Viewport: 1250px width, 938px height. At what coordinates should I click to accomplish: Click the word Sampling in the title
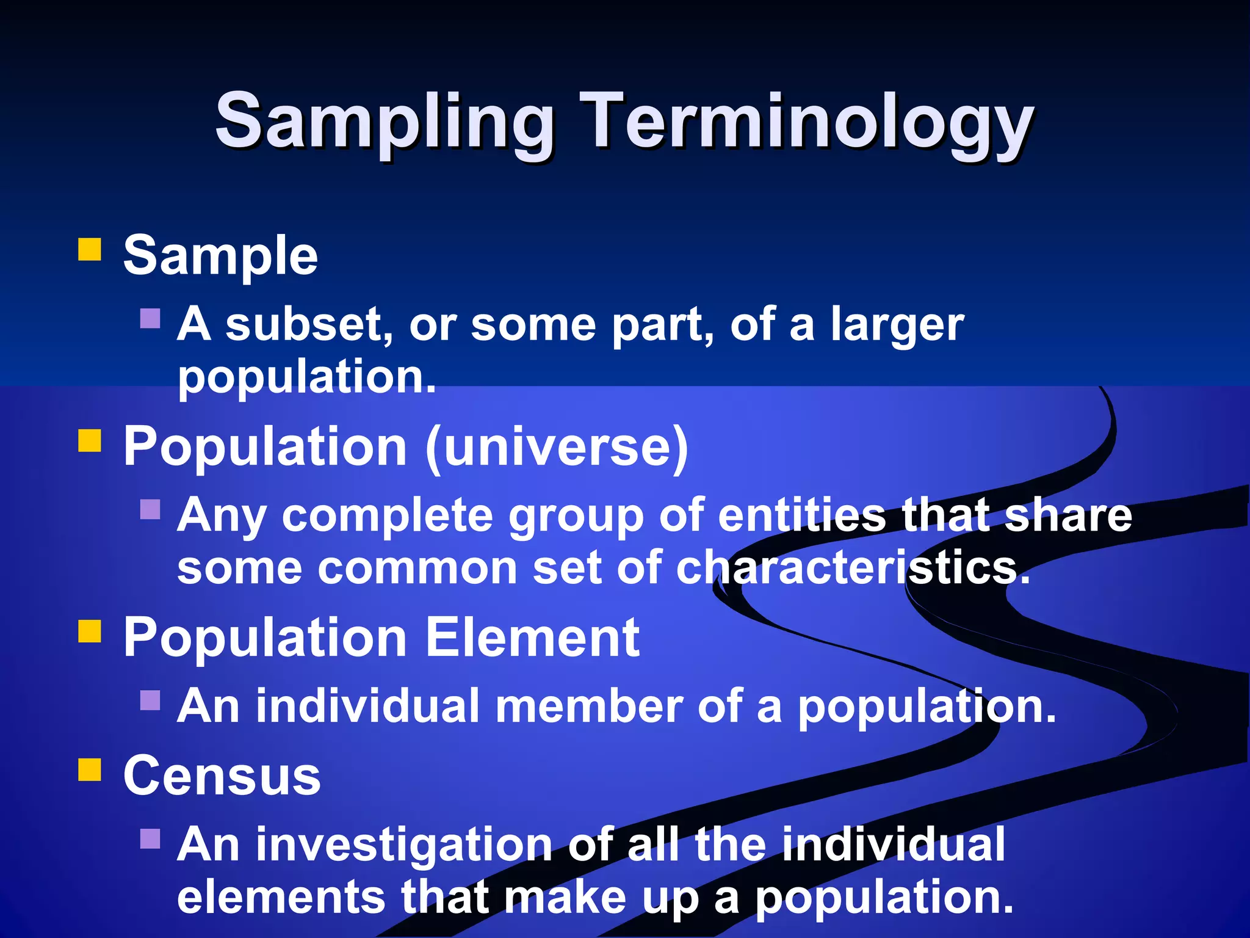point(385,122)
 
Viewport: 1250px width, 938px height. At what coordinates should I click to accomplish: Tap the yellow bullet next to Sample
point(90,250)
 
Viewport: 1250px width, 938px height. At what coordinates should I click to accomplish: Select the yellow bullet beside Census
point(90,770)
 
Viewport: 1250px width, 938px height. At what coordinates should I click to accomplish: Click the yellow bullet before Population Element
point(90,632)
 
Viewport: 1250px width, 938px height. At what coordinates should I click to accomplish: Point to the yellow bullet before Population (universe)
point(90,441)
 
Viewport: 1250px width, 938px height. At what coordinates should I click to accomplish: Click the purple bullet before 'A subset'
point(150,318)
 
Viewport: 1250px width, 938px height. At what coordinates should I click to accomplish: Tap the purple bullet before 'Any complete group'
point(150,509)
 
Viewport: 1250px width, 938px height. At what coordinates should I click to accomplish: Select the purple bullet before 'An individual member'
point(150,700)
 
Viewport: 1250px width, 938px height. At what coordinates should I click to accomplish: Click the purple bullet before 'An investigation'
point(150,838)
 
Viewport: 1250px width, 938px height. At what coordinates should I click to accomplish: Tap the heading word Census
point(222,776)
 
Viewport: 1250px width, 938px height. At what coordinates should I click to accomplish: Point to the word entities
point(801,516)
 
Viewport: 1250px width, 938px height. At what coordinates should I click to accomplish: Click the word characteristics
point(853,568)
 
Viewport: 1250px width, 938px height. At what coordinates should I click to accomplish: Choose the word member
point(589,707)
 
